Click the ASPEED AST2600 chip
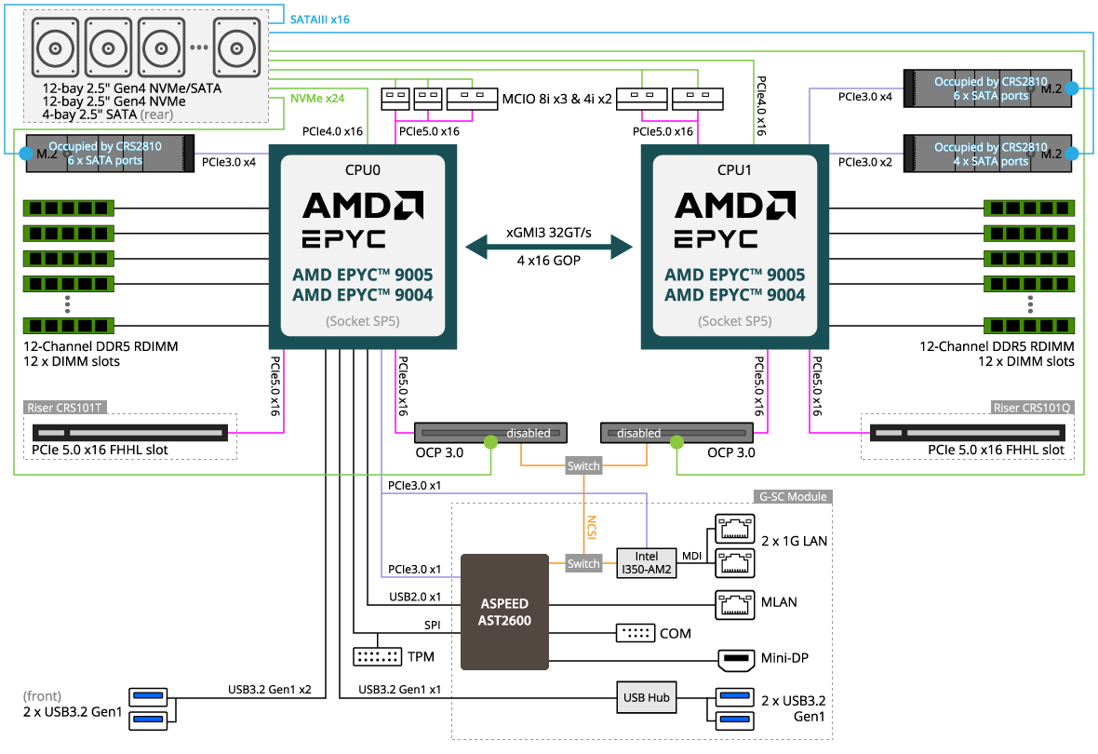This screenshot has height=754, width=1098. coord(504,612)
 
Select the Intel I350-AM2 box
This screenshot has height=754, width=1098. coord(646,563)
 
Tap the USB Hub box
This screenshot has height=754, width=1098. coord(646,697)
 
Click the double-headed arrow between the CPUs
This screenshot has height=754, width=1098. coord(549,247)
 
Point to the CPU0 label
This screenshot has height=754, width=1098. coord(362,169)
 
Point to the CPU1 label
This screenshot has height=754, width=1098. coord(734,169)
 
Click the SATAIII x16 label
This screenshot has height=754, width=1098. coord(320,20)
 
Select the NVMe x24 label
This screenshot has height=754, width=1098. coord(317,97)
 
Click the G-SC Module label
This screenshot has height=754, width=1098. coord(794,496)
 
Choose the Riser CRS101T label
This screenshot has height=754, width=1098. coord(66,407)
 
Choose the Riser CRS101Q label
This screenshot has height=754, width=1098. coord(1033,407)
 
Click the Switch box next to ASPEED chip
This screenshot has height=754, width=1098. coord(583,563)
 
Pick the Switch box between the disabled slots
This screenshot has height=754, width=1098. coord(583,465)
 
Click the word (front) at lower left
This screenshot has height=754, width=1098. coord(43,696)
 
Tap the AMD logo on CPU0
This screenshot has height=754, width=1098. coord(362,205)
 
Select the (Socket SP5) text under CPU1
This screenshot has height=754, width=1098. coord(734,321)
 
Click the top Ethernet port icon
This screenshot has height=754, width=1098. coord(735,529)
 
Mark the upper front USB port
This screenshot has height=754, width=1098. coord(149,695)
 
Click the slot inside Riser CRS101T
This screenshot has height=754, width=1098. coord(130,433)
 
